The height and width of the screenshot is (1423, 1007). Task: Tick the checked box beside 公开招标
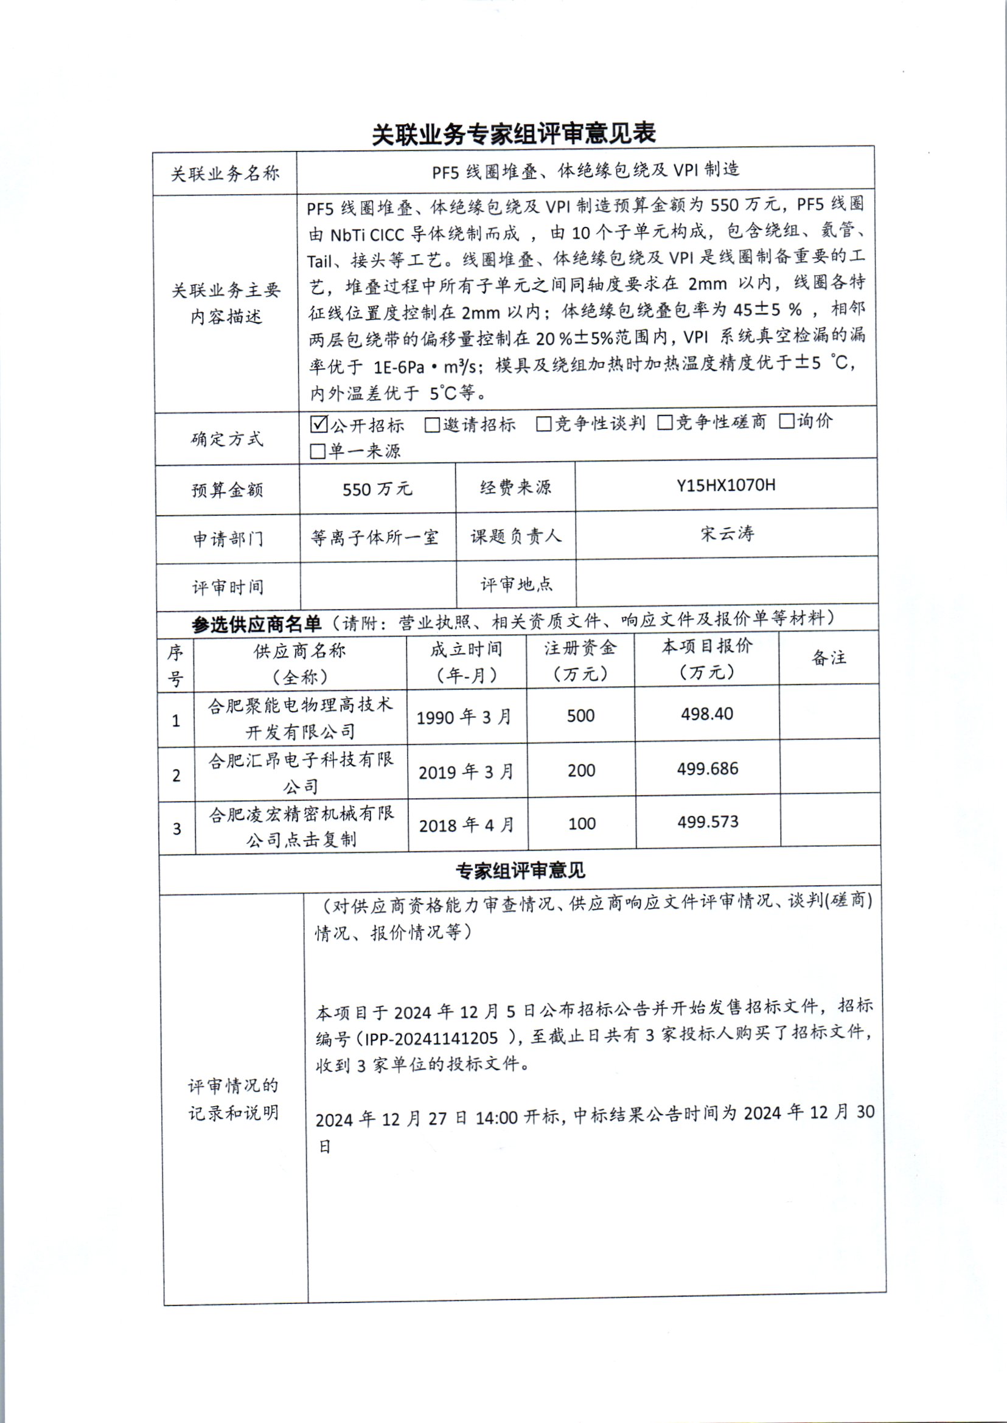(x=319, y=424)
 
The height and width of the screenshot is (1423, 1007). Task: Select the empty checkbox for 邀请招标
(x=432, y=425)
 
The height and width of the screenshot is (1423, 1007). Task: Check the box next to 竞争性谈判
(x=544, y=423)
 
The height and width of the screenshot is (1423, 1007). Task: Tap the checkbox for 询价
(x=786, y=422)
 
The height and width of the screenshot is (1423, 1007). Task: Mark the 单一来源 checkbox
(x=318, y=451)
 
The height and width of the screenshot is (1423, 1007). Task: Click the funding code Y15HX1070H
(x=725, y=485)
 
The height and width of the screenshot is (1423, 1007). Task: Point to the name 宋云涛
(x=727, y=533)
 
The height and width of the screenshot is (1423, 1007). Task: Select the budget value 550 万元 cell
(x=377, y=489)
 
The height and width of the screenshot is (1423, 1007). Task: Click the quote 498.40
(x=707, y=714)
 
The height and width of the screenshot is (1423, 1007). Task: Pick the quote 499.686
(x=708, y=769)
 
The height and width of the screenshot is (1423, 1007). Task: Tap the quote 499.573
(x=708, y=822)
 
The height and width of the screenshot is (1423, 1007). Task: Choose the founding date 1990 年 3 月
(x=464, y=717)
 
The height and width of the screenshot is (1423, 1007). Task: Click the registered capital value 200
(x=581, y=771)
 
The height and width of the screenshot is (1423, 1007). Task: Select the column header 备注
(x=829, y=658)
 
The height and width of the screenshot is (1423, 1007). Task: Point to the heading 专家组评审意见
(x=520, y=871)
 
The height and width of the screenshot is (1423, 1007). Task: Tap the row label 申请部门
(x=228, y=538)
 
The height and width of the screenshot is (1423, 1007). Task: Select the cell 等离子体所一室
(x=375, y=537)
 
